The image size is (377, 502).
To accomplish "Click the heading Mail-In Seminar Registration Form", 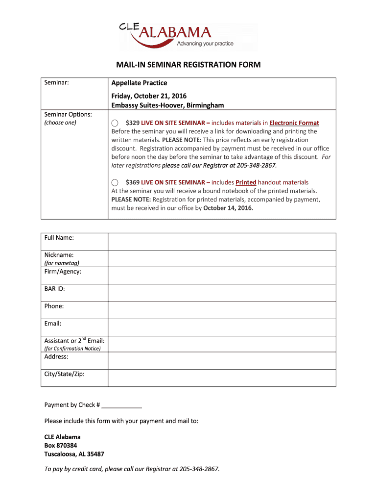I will (x=188, y=65).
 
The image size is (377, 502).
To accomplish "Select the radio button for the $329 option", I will (x=115, y=123).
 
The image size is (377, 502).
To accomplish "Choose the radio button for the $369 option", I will (x=115, y=182).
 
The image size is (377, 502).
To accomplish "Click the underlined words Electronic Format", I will (x=294, y=123).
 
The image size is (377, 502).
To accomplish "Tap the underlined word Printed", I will (x=246, y=182).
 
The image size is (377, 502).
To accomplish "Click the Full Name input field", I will (x=221, y=241).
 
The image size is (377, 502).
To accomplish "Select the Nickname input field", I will (x=221, y=258).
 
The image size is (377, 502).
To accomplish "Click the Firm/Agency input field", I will (x=221, y=275).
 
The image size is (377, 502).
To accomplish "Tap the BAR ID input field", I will (x=221, y=293).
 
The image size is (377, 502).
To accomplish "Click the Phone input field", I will (x=221, y=310).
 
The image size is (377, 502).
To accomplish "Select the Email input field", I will (x=221, y=327).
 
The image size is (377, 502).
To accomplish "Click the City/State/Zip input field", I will (x=221, y=377).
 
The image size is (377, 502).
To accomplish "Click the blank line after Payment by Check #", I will (x=122, y=405).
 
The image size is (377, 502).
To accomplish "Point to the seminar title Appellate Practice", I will (x=139, y=83).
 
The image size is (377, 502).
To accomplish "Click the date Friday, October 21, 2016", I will (x=149, y=96).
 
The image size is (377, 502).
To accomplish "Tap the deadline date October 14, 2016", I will (x=228, y=208).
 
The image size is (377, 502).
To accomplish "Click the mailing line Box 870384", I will (x=61, y=446).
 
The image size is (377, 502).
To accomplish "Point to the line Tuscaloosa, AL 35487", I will (x=74, y=454).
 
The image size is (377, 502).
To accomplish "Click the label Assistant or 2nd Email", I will (x=74, y=341).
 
